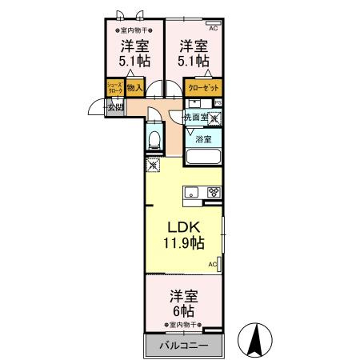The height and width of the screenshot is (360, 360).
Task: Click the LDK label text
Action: click(183, 226)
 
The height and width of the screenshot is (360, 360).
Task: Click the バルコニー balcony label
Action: click(182, 345)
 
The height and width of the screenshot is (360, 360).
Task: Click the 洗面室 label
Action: click(196, 117)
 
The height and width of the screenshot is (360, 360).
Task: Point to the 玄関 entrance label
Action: click(115, 106)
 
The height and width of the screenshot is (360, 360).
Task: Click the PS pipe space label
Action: click(218, 102)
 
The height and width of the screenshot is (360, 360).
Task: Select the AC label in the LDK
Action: click(213, 263)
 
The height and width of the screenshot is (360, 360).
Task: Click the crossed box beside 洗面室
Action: click(214, 118)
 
